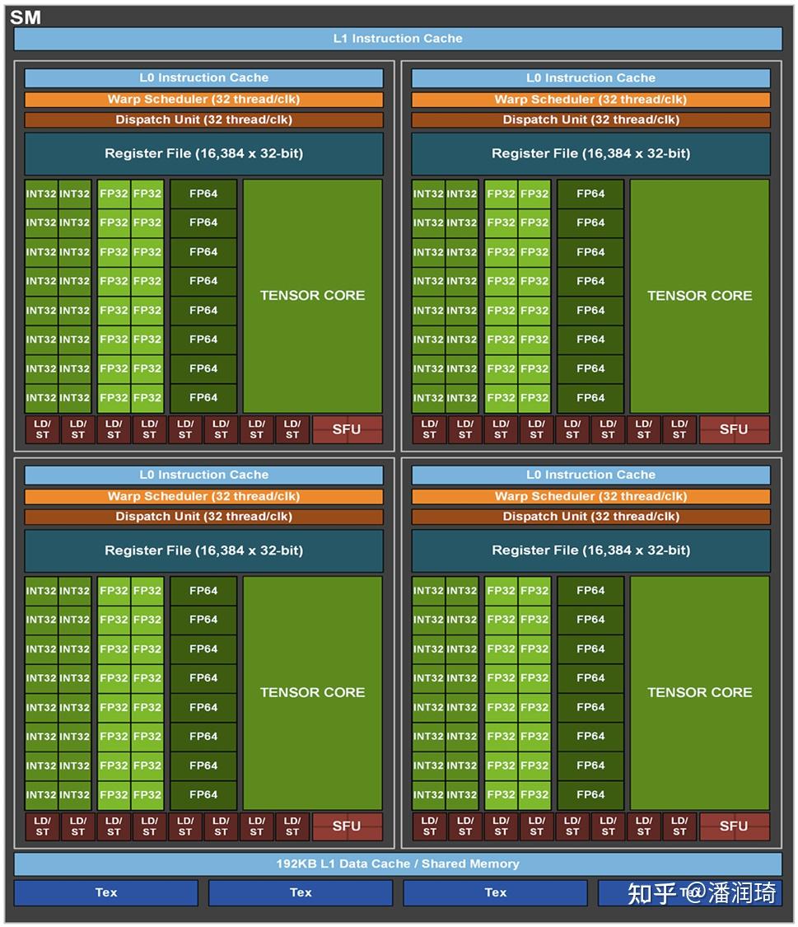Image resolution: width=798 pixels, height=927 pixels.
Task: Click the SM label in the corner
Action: point(25,17)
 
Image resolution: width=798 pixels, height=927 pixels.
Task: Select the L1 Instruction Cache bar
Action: point(398,39)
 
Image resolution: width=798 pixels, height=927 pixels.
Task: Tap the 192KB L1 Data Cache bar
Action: point(398,864)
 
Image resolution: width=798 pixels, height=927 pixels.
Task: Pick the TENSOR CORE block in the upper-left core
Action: point(312,295)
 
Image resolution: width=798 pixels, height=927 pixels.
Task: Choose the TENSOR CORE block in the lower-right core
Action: point(699,692)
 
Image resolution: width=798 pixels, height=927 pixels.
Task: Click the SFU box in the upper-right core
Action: point(734,429)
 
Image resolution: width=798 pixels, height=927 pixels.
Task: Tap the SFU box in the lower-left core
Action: point(347,826)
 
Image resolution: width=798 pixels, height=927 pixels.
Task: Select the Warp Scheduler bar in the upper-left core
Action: point(203,99)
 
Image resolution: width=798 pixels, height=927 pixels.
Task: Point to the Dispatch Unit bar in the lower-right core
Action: point(590,517)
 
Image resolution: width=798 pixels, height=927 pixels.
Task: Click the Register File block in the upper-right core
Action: point(590,153)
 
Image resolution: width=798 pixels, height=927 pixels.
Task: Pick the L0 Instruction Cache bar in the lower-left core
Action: point(203,475)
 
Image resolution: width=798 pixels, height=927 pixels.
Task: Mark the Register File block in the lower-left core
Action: point(203,550)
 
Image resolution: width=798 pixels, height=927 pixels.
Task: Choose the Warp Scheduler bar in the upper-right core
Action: point(590,99)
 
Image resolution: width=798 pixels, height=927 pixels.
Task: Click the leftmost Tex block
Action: point(106,892)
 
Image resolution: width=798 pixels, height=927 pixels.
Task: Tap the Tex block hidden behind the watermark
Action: point(688,892)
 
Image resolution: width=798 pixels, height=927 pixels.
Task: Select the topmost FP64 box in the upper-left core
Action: point(203,194)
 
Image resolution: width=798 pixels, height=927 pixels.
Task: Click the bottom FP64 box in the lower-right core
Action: point(590,794)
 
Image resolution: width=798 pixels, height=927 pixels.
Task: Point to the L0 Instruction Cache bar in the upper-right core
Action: point(590,77)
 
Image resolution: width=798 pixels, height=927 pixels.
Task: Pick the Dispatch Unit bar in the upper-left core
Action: point(203,119)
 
